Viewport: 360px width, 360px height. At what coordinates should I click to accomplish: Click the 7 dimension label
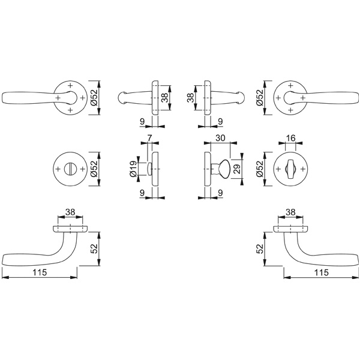pyautogui.click(x=149, y=138)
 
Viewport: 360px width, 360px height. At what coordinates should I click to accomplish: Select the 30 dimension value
pyautogui.click(x=220, y=138)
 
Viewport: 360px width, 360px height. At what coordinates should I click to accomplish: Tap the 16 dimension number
pyautogui.click(x=290, y=138)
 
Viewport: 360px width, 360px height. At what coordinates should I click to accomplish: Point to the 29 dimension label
pyautogui.click(x=238, y=169)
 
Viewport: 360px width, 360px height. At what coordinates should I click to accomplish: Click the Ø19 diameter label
pyautogui.click(x=133, y=169)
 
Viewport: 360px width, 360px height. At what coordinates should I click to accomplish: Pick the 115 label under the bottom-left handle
pyautogui.click(x=40, y=272)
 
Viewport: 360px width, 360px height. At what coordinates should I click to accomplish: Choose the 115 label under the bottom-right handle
pyautogui.click(x=322, y=272)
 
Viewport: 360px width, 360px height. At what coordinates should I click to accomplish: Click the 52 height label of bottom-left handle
pyautogui.click(x=94, y=248)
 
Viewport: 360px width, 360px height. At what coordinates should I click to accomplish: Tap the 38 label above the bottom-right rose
pyautogui.click(x=290, y=212)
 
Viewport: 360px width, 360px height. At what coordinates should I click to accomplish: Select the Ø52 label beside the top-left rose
pyautogui.click(x=94, y=97)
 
